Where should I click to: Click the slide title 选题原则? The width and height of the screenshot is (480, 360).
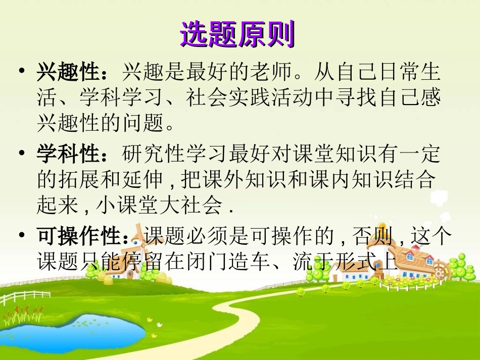(237, 34)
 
